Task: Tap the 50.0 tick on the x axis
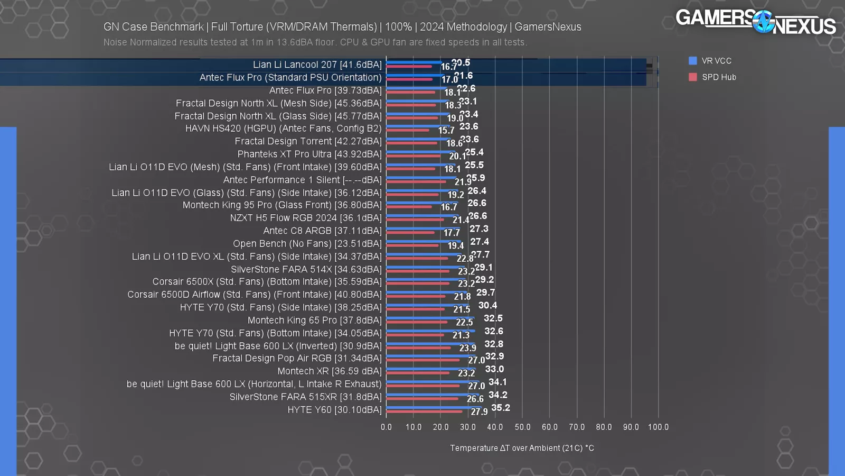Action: coord(522,427)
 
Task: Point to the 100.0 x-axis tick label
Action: coord(658,427)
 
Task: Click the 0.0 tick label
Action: coord(387,427)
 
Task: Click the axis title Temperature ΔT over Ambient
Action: coord(522,448)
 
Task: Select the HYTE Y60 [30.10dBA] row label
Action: coord(334,410)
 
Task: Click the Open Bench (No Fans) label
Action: coord(307,244)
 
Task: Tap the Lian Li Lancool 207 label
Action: coord(317,65)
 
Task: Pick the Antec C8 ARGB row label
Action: coord(322,231)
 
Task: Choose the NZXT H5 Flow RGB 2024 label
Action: coord(305,218)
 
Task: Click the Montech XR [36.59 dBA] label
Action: coord(330,371)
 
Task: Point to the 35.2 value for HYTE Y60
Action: coord(501,408)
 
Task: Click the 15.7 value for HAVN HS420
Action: coord(446,131)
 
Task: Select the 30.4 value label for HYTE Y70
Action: coord(487,305)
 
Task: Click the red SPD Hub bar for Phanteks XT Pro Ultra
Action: coord(414,156)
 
